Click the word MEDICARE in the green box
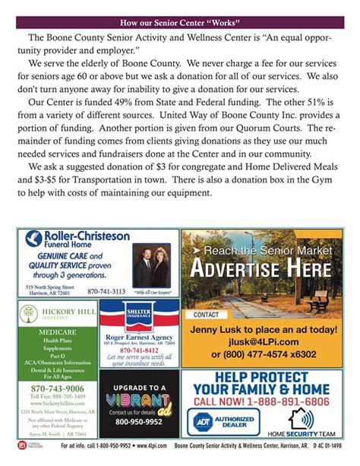coord(53,332)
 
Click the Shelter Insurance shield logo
coord(139,315)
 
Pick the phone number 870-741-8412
coord(139,350)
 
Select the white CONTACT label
coord(206,314)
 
